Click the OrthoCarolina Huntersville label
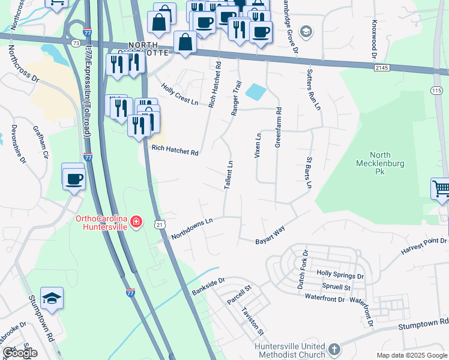(102, 223)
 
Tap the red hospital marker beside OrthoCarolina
(137, 223)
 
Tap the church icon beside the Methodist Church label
(334, 348)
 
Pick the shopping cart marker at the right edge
(441, 188)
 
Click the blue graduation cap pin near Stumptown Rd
(52, 298)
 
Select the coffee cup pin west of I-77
(74, 178)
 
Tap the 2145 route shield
(380, 68)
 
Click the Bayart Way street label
(270, 232)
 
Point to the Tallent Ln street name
(228, 175)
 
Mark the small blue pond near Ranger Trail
(256, 92)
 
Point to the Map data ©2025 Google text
(411, 355)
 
